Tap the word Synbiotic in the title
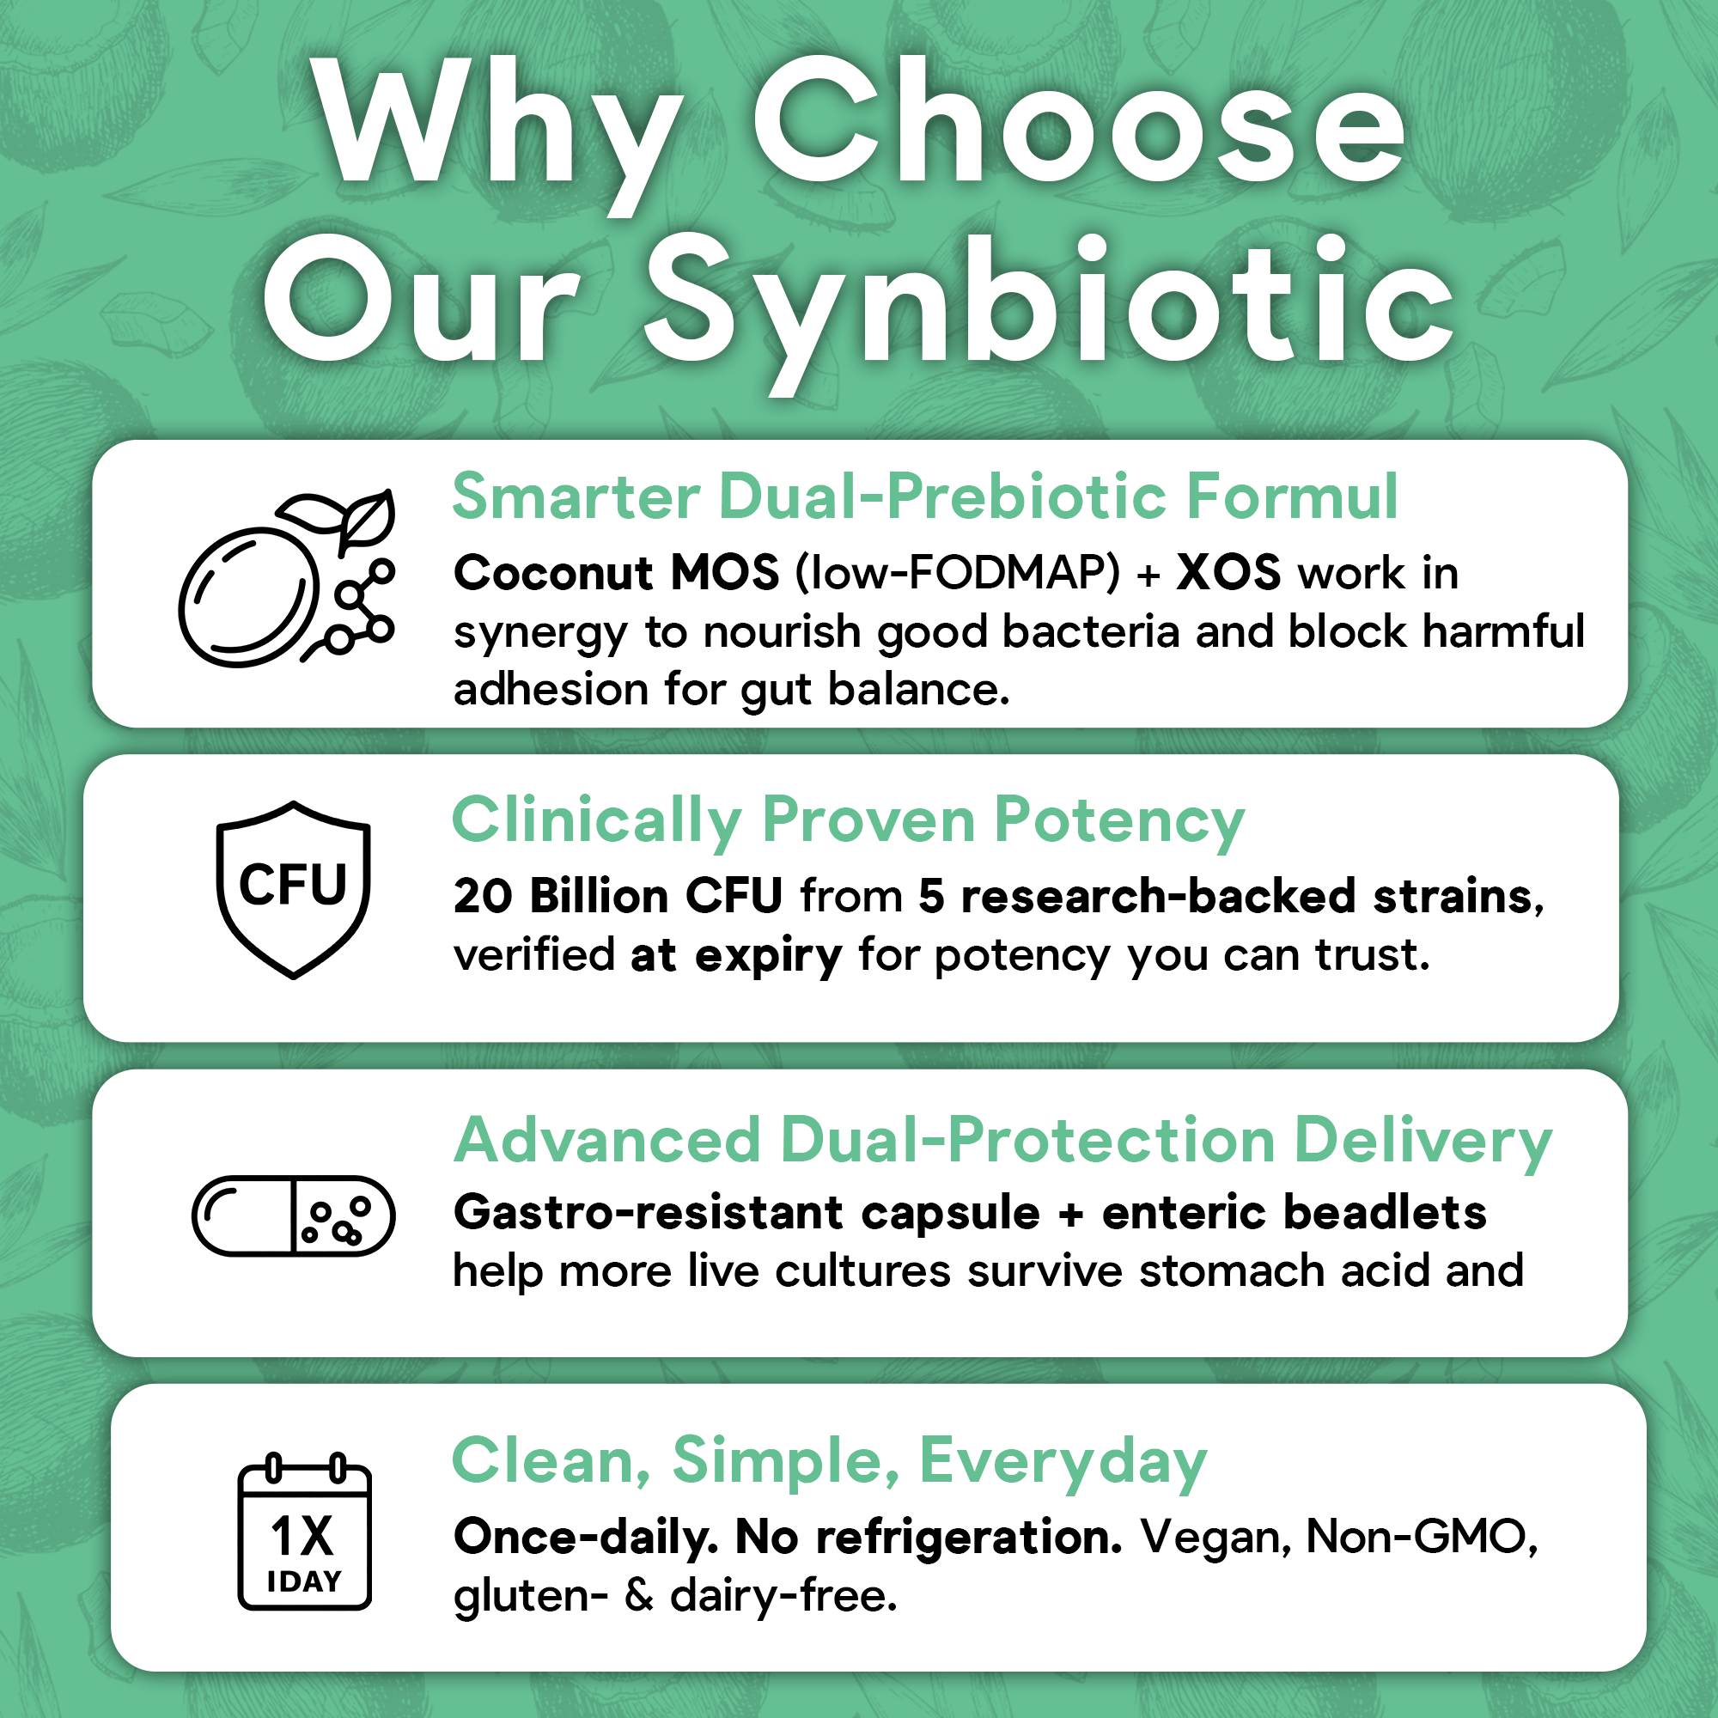(1050, 302)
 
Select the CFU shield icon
(294, 889)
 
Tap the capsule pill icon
(294, 1215)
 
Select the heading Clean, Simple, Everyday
(829, 1461)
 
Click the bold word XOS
(1228, 574)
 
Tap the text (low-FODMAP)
(958, 574)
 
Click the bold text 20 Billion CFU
(618, 895)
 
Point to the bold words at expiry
(735, 955)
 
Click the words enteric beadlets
(1294, 1212)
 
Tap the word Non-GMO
(1421, 1537)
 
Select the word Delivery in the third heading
(1423, 1142)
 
